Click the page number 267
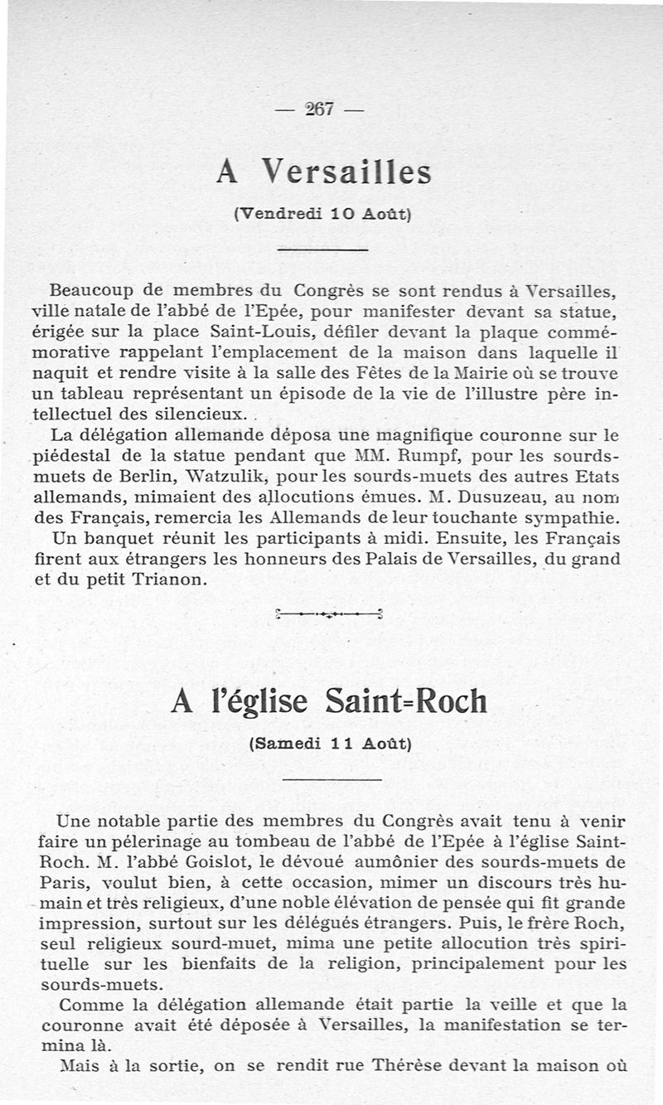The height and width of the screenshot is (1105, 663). pos(318,109)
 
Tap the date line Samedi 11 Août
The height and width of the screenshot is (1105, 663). pos(330,744)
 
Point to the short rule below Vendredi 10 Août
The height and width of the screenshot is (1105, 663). pos(322,250)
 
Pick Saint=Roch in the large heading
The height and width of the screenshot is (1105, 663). pos(406,702)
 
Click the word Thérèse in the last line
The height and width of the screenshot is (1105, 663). pos(404,1066)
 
